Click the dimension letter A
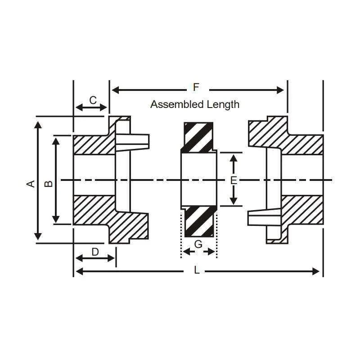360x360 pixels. tap(31, 184)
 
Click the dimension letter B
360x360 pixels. tap(49, 184)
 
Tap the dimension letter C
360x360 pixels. tap(93, 100)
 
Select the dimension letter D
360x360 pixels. tap(95, 252)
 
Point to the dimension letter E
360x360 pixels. tap(234, 180)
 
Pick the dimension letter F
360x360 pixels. tap(196, 87)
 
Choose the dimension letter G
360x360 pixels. tap(198, 244)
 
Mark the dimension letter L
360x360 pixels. tap(197, 270)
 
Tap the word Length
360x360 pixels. tap(223, 105)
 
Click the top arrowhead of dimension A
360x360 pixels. tap(38, 125)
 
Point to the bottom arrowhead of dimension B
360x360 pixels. tap(56, 219)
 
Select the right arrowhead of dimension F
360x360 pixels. tap(280, 90)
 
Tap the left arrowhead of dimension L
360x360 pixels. tap(79, 271)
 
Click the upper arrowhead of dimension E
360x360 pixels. tap(234, 158)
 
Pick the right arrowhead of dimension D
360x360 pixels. tap(111, 258)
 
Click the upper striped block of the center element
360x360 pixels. tap(199, 137)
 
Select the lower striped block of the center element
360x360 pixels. tap(199, 221)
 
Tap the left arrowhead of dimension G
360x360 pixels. tap(187, 252)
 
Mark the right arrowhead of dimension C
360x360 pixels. tap(103, 107)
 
